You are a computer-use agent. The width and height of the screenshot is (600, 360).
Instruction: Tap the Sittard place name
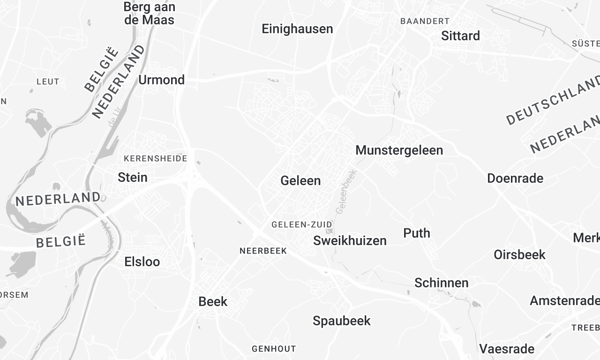point(460,36)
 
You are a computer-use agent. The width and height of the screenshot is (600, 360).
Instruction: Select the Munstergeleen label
point(399,150)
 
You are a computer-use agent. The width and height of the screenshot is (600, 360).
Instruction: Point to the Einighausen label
point(297,29)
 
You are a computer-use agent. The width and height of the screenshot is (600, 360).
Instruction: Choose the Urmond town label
point(161,79)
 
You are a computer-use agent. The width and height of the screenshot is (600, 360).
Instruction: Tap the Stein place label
point(132,177)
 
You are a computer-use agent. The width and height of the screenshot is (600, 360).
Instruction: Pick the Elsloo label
point(141,262)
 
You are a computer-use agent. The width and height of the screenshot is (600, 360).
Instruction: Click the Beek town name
point(213,301)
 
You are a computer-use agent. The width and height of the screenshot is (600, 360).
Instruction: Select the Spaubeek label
point(342,321)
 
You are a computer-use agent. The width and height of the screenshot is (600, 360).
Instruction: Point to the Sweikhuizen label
point(350,241)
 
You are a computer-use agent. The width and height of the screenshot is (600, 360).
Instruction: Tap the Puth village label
point(417,233)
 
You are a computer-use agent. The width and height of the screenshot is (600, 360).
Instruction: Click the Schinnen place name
point(441,283)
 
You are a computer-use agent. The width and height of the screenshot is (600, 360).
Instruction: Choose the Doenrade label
point(514,178)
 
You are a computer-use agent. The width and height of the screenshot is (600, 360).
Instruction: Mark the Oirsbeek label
point(519,255)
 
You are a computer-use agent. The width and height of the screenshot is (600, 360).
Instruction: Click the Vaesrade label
point(507,349)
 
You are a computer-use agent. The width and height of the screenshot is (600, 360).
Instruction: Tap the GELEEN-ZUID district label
point(301,224)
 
